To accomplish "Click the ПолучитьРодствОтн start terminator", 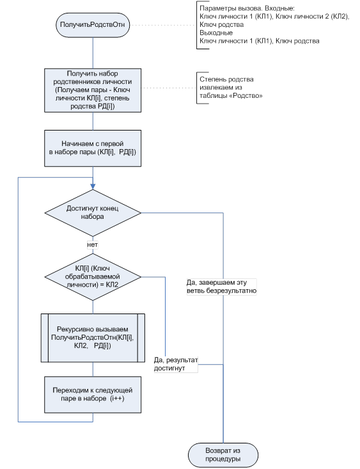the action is tap(93, 25).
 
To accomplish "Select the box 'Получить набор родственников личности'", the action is tap(93, 90).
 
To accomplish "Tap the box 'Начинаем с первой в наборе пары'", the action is tap(93, 148).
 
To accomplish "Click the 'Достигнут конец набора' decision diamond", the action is tap(93, 212).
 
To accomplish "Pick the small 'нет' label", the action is tap(92, 244).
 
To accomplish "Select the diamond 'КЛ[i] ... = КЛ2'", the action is tap(93, 277).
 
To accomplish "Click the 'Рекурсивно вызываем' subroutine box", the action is tap(93, 338).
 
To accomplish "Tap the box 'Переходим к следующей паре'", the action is tap(93, 395).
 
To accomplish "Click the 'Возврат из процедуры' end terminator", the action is tap(223, 455).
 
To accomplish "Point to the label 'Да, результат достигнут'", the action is tap(176, 364).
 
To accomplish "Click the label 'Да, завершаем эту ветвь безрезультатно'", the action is tap(221, 287).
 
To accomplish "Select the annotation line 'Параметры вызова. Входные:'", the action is tap(247, 8).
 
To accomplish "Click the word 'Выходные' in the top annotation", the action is tap(216, 33).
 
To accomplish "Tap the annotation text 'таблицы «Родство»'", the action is tap(231, 96).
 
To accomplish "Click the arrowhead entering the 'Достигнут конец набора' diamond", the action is tap(93, 186).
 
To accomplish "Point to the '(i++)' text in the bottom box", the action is tap(117, 399).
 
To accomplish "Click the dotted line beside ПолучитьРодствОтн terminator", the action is tap(163, 25).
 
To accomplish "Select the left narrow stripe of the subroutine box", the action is tap(45, 338).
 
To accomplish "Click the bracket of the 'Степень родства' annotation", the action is tap(197, 88).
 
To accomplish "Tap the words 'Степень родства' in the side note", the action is tap(226, 79).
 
